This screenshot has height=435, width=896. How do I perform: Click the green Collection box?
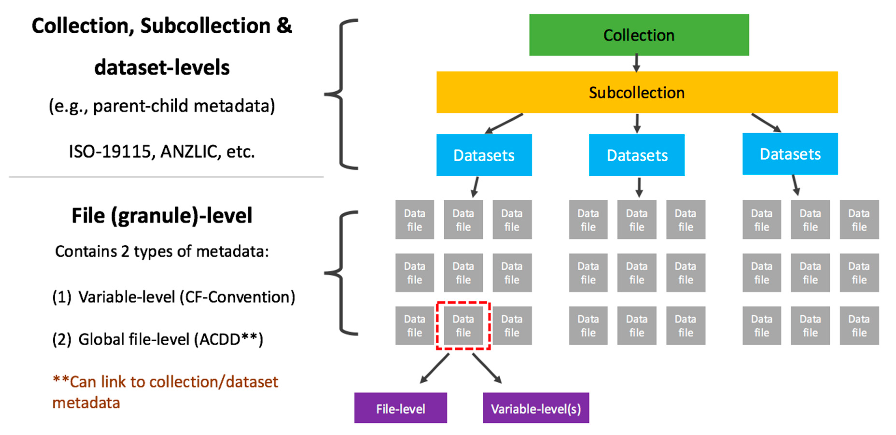tap(639, 35)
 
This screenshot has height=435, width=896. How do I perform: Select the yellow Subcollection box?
tap(636, 92)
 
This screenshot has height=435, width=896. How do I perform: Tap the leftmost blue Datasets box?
tap(484, 155)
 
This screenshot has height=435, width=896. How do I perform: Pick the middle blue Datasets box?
tap(636, 155)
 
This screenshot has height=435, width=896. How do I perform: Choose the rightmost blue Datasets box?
tap(790, 154)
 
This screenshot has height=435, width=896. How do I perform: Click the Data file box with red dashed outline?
tap(463, 325)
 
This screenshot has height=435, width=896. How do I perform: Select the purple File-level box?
tap(400, 408)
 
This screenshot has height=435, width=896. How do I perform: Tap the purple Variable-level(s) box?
tap(536, 408)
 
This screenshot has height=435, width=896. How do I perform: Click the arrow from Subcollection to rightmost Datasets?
tap(766, 122)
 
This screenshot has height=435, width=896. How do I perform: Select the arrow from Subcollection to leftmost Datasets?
tap(504, 124)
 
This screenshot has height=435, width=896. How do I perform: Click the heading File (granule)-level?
tap(162, 216)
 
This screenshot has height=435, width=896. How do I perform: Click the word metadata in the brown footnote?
tap(86, 403)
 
